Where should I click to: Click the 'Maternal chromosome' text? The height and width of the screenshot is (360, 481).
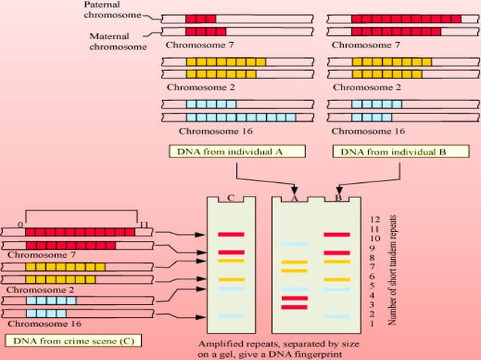[x=115, y=41]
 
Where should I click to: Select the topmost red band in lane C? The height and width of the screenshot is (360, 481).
[x=231, y=234]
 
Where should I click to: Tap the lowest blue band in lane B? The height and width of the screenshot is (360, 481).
[x=337, y=316]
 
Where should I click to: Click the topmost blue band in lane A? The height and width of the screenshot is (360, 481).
[x=294, y=244]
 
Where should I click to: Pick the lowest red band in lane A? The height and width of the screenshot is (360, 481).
[x=294, y=307]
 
